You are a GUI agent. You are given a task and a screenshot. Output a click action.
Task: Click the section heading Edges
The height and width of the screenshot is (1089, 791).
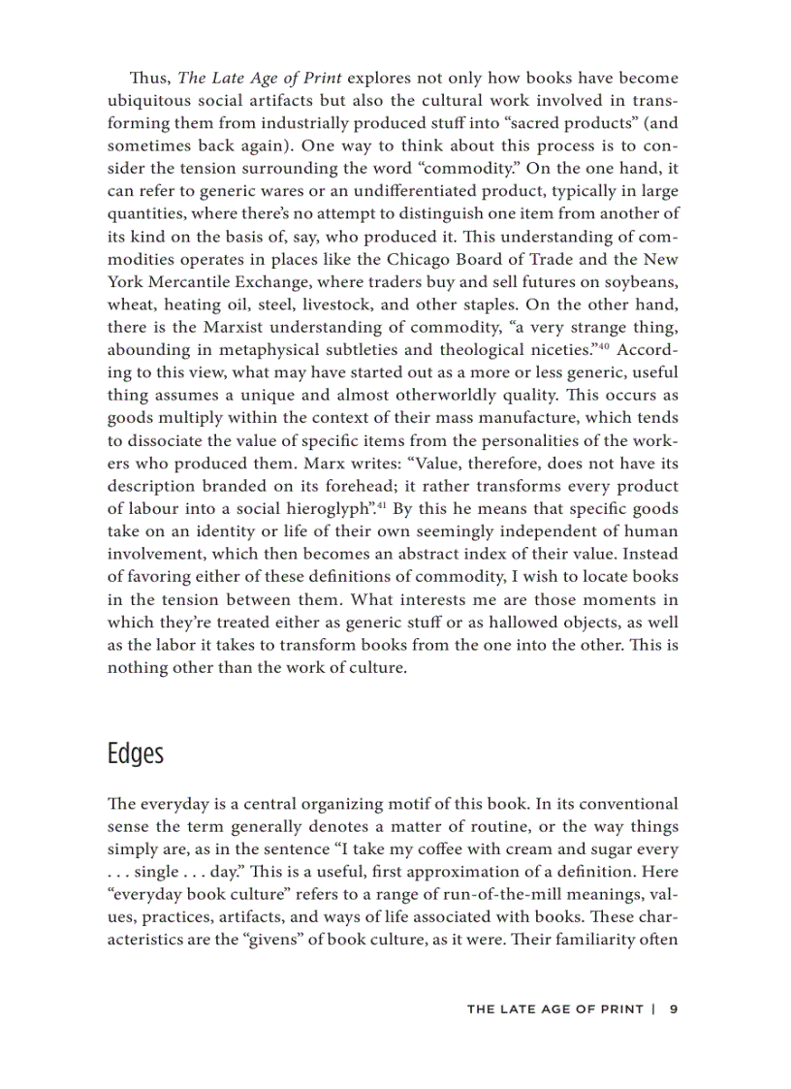[x=135, y=753]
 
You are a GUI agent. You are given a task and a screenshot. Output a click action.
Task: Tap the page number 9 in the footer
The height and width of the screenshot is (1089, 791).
[x=673, y=1009]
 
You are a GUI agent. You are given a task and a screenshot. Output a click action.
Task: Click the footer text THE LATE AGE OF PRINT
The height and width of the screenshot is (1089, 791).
[x=554, y=1009]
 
